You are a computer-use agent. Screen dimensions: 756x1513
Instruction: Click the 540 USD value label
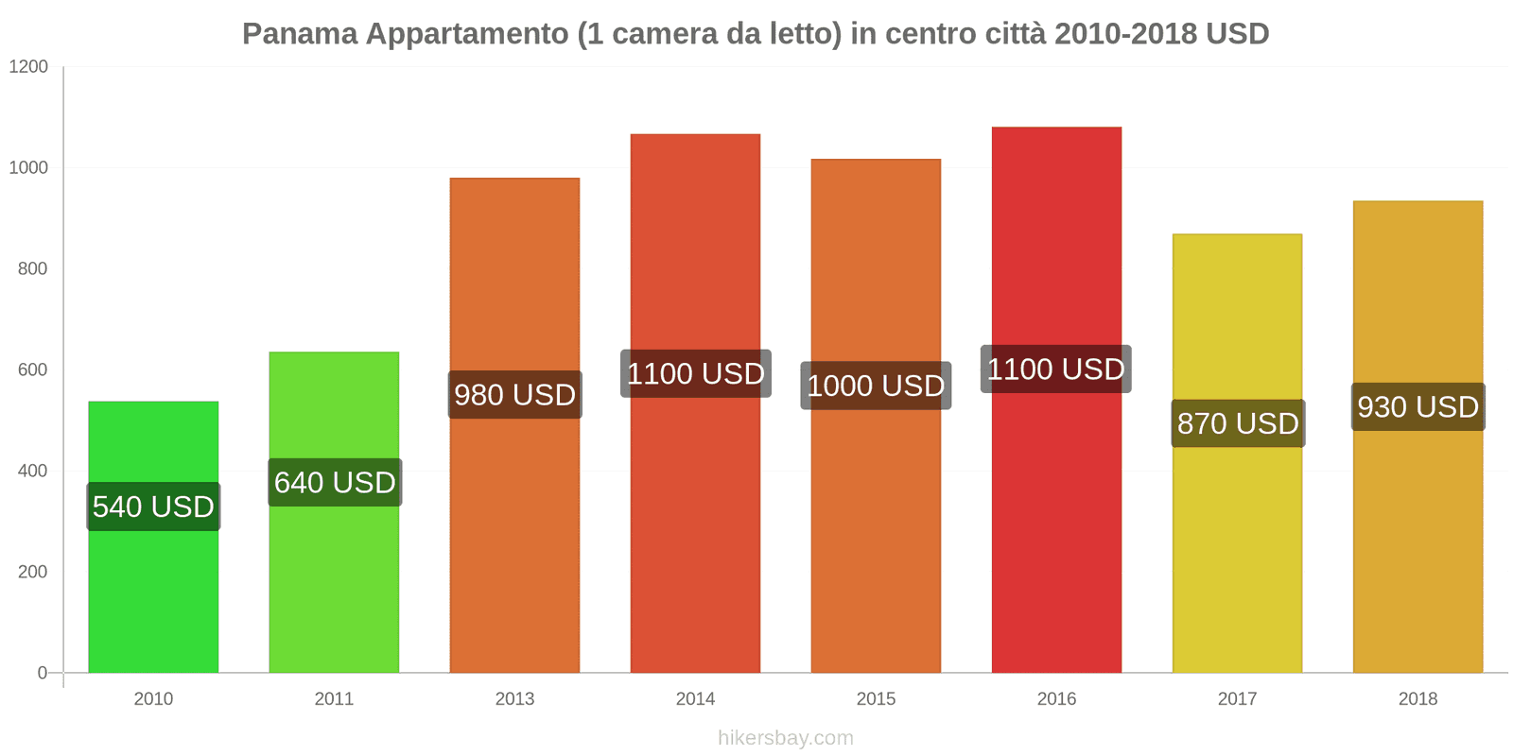click(x=153, y=507)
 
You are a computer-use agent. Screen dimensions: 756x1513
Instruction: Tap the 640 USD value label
click(x=335, y=482)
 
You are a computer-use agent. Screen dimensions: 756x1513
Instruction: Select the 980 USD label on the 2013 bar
click(x=514, y=394)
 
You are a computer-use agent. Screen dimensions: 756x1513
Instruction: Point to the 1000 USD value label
click(x=876, y=386)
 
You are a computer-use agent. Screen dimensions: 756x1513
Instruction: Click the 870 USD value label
click(x=1238, y=423)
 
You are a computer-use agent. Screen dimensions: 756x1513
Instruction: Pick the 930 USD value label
click(x=1417, y=406)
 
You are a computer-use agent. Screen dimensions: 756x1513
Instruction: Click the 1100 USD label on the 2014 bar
click(x=695, y=373)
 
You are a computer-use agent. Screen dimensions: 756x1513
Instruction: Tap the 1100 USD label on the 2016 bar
click(x=1055, y=369)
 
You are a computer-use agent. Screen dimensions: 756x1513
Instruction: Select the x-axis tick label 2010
click(x=153, y=699)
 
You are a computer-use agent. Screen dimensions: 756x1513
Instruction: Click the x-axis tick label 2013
click(x=514, y=699)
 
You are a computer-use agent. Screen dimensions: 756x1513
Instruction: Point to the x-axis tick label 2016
click(x=1056, y=699)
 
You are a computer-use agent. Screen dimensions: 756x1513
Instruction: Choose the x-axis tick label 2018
click(x=1417, y=699)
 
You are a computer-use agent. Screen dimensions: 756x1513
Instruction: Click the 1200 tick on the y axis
click(x=28, y=67)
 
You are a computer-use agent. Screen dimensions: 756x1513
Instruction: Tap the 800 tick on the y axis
click(x=32, y=269)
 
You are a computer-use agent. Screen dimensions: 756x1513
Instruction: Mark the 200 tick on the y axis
click(x=32, y=572)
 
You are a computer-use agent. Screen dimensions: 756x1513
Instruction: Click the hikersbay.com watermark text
click(x=785, y=738)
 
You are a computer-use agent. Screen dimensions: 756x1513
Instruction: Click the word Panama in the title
click(x=300, y=34)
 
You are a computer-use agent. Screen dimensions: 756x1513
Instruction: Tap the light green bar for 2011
click(x=334, y=586)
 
